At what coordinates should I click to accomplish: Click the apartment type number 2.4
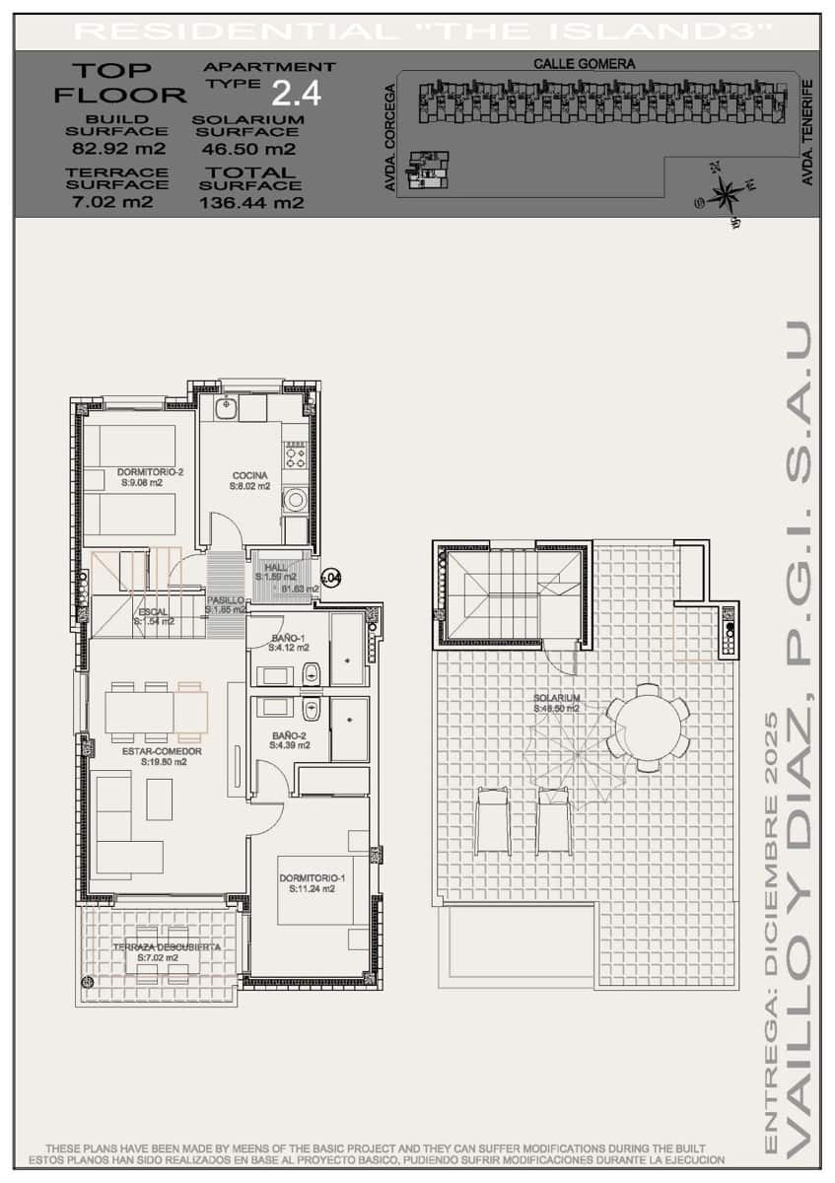click(x=296, y=94)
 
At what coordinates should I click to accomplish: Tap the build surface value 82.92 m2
click(x=118, y=150)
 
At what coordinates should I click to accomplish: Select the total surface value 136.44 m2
click(x=251, y=203)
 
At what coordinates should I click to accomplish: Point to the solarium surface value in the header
click(x=247, y=150)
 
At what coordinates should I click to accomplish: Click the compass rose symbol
click(x=726, y=192)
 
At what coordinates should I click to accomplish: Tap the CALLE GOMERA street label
click(x=585, y=63)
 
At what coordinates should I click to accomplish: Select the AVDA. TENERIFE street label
click(x=807, y=132)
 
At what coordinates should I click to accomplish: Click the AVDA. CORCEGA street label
click(x=390, y=137)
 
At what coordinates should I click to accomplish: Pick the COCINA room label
click(x=249, y=475)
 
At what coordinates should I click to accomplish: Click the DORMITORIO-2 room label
click(x=150, y=472)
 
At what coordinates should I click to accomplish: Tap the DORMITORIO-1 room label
click(x=312, y=877)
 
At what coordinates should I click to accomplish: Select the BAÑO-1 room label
click(x=288, y=639)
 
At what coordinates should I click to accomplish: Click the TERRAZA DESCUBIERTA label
click(x=166, y=947)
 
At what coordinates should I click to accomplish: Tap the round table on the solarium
click(x=648, y=727)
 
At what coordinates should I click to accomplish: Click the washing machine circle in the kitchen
click(x=295, y=500)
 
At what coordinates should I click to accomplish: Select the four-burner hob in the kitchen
click(x=295, y=453)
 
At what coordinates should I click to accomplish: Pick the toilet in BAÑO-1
click(x=312, y=673)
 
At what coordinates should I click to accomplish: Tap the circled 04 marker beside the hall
click(x=331, y=576)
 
